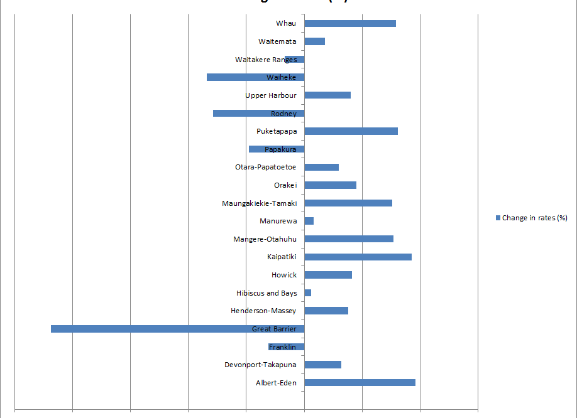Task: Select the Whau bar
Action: coord(350,24)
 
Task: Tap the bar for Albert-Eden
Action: coord(360,383)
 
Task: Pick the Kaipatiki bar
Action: coord(358,257)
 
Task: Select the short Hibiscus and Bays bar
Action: coord(308,293)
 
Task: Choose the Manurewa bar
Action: coord(309,222)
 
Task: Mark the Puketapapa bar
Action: coord(351,131)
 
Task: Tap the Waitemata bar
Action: coord(315,41)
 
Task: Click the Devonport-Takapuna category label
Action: coord(260,365)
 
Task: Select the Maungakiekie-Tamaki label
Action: coord(259,203)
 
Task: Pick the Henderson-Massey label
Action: coord(263,311)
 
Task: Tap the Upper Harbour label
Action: coord(271,95)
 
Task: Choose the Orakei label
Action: coord(285,185)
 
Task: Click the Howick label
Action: coord(284,275)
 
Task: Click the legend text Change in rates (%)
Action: coord(535,218)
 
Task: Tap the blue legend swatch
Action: coord(498,218)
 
